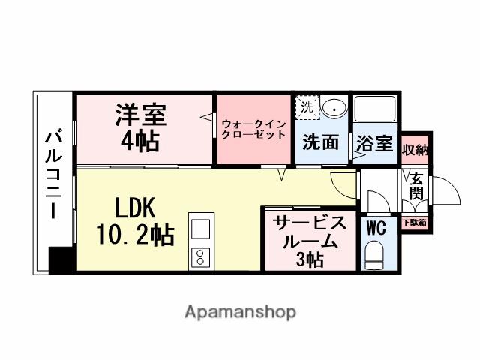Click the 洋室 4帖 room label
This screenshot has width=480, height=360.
coord(140,127)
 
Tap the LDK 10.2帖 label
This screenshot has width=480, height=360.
coord(136,222)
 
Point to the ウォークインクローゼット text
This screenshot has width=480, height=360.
coord(253,128)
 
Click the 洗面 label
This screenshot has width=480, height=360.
coord(320,142)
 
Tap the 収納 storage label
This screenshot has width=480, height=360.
coord(415,149)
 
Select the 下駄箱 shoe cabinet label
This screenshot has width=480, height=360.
coord(415,222)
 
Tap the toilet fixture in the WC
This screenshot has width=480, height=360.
coord(373,255)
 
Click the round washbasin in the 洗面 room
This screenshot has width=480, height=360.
coord(334,108)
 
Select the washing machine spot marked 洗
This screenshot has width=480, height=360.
coord(307,106)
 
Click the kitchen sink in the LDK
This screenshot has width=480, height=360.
coord(202,227)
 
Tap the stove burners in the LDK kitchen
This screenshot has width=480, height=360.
coord(202,257)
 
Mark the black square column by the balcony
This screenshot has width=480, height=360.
coord(59,259)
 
